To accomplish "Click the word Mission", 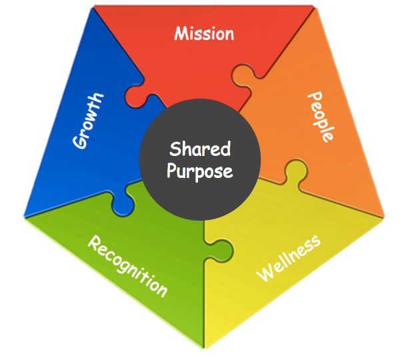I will [204, 33].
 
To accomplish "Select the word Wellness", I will [289, 258].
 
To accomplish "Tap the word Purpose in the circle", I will [200, 171].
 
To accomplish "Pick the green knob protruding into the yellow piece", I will [224, 251].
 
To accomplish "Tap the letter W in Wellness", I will [264, 273].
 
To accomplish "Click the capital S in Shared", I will [174, 149].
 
